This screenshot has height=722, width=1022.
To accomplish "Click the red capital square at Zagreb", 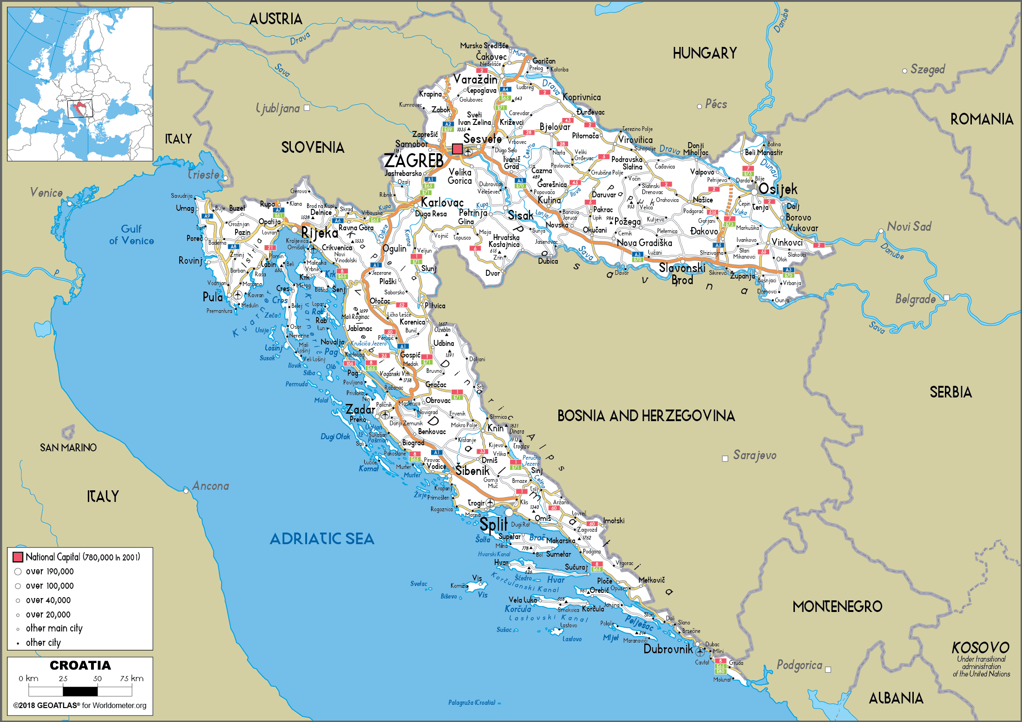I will point(457,149).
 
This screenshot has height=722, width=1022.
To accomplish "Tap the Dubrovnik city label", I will point(668,649).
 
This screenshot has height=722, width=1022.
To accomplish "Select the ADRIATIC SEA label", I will point(322,539).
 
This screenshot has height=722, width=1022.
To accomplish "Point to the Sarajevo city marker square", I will point(725,458).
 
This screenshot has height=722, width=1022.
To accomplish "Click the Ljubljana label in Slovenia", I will point(278,108).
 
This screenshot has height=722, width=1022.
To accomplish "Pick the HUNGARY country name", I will point(704,53).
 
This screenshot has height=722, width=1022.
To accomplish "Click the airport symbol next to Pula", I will point(237,295).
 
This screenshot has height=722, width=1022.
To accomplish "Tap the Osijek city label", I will point(778,189).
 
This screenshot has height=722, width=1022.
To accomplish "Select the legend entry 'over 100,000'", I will point(50,586).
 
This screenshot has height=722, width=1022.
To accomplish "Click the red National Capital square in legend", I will point(18,557).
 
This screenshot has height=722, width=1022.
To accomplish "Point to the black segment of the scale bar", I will point(80,691).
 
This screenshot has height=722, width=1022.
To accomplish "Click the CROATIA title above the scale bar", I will point(80,665).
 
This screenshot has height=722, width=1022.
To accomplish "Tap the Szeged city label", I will point(927,70).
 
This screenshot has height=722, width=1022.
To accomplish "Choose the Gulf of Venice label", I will point(131,234).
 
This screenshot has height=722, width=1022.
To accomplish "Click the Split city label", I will point(492,525).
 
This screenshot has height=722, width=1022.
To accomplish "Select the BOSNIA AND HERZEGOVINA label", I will point(646,416).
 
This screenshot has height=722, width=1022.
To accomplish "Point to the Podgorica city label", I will point(799,665).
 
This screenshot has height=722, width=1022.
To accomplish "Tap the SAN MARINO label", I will point(68,448).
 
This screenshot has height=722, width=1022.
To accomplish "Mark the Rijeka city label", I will point(320,233).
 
